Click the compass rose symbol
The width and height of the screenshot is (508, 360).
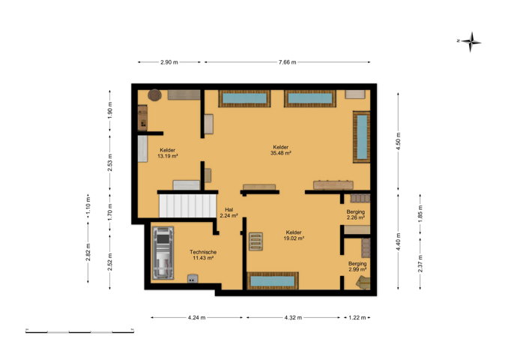pos(471,42)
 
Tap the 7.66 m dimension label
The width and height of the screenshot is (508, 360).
pos(288,62)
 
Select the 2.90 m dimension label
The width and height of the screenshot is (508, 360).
pos(169,62)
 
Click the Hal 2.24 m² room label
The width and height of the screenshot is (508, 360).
pos(229,212)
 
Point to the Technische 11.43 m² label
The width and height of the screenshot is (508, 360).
pos(203,255)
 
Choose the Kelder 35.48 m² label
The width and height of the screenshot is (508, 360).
pos(280,150)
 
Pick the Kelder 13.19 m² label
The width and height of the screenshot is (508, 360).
pos(168,153)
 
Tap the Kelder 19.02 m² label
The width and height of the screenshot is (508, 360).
pos(294,235)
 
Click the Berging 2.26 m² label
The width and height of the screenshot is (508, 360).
pos(356,214)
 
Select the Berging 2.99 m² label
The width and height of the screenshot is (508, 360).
pos(357,266)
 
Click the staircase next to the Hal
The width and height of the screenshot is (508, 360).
pos(187,205)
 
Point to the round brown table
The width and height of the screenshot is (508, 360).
pos(154,95)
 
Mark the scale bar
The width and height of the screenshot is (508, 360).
pos(79,331)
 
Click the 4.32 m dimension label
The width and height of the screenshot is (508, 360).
pos(293,317)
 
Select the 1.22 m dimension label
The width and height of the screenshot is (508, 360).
pos(357,317)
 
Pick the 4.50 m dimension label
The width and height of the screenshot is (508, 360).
pos(398,141)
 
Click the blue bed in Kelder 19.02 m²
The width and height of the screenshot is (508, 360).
pos(273,280)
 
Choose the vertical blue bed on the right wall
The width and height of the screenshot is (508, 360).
pos(362,136)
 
